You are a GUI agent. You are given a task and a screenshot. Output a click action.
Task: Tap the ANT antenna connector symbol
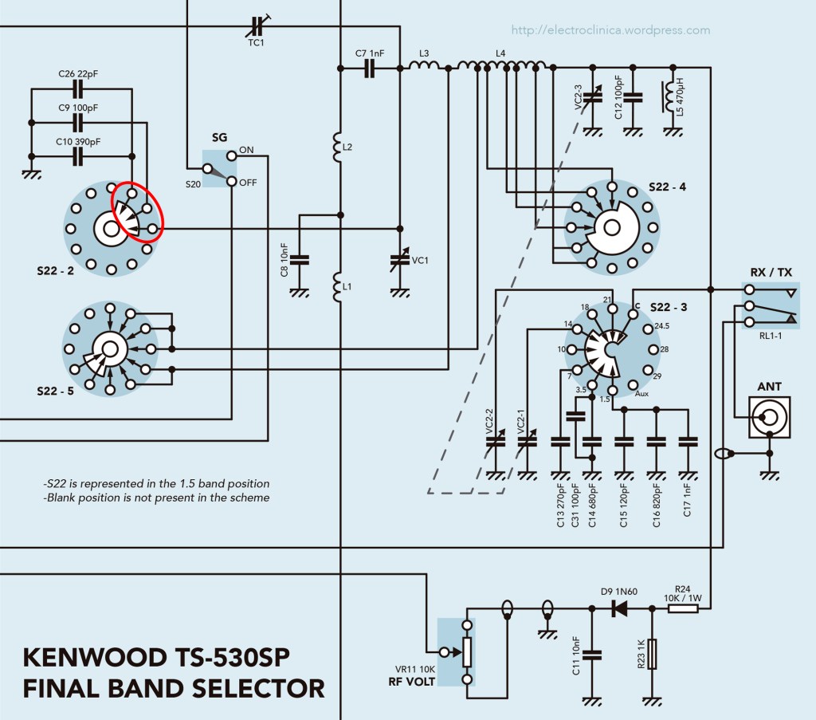coord(769,417)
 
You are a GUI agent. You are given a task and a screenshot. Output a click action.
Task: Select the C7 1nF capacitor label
coord(370,54)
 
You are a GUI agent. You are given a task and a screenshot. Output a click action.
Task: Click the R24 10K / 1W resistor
coord(682,608)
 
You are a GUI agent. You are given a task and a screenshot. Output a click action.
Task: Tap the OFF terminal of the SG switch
coord(232,182)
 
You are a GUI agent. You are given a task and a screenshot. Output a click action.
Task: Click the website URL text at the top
coord(610,30)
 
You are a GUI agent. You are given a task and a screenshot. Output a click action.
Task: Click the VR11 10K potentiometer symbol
coord(468,652)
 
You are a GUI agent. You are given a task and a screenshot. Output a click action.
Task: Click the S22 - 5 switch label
coord(55,391)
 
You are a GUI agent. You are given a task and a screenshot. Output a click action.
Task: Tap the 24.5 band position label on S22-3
coord(663,326)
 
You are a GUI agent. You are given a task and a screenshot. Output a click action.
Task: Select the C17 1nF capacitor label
coord(687,500)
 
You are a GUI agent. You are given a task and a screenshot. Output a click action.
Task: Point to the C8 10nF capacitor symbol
coord(300,258)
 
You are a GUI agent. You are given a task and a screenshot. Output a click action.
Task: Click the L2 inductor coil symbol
coord(336,148)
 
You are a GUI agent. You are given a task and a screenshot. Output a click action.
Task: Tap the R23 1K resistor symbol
coord(653,654)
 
